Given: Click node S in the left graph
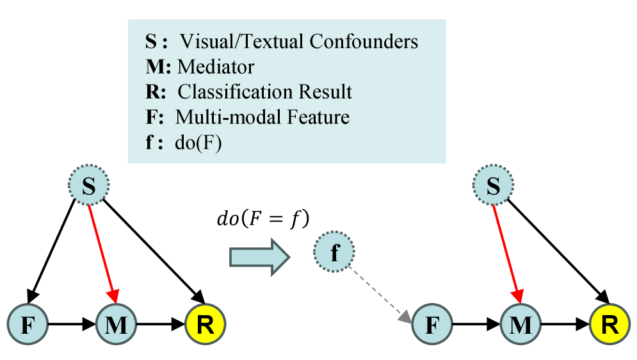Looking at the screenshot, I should click(90, 186).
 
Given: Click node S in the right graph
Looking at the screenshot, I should click(492, 186).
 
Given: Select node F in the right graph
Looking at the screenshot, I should click(432, 325).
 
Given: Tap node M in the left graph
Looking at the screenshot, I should click(116, 325).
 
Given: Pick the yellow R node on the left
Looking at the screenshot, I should click(206, 325).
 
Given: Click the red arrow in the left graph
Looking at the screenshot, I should click(102, 254).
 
